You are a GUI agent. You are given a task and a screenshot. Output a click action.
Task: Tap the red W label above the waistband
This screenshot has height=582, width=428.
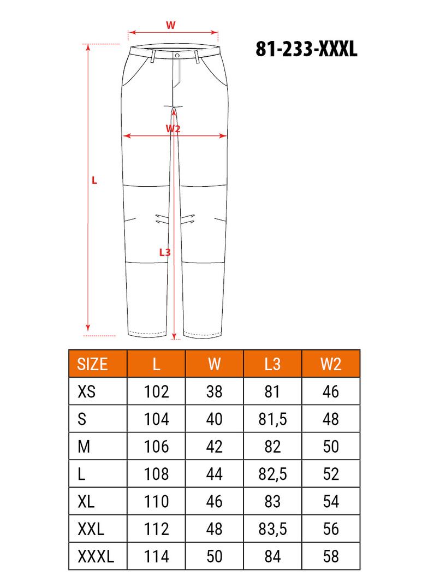[x=170, y=25]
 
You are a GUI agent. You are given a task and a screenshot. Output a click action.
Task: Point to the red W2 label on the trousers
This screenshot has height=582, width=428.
[x=173, y=128]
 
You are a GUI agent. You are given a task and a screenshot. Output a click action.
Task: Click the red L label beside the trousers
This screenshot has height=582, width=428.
[x=94, y=180]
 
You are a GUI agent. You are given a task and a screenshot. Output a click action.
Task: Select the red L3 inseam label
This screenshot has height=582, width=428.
[x=165, y=252]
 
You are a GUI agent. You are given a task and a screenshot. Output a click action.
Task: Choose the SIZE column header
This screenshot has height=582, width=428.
[x=93, y=364]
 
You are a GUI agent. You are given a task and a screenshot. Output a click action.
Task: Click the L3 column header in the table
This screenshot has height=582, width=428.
[x=272, y=364]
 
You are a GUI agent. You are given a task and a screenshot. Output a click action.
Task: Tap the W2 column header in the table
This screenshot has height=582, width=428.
[x=331, y=364]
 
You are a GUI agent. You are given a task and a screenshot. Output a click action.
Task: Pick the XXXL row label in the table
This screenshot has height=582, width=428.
[x=96, y=557]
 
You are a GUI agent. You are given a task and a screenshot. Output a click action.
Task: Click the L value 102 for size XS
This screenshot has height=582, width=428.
[x=156, y=392]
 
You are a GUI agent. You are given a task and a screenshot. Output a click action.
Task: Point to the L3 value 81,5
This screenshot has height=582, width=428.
[x=272, y=419]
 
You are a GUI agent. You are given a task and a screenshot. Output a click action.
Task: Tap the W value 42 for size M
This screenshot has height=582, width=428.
[x=215, y=447]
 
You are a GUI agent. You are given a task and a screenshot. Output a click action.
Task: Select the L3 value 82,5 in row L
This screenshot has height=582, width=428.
[x=272, y=474]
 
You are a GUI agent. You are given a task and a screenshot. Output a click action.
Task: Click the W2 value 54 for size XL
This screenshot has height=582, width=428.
[x=331, y=502]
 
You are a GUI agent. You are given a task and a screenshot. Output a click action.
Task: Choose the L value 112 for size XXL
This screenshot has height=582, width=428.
[x=156, y=529]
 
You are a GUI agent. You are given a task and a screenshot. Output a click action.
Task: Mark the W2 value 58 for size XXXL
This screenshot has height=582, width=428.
[x=331, y=557]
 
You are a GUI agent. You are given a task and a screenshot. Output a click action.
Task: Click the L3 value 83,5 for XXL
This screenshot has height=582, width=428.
[x=272, y=529]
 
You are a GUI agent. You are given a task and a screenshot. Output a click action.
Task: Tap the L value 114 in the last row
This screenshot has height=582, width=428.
[x=156, y=557]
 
